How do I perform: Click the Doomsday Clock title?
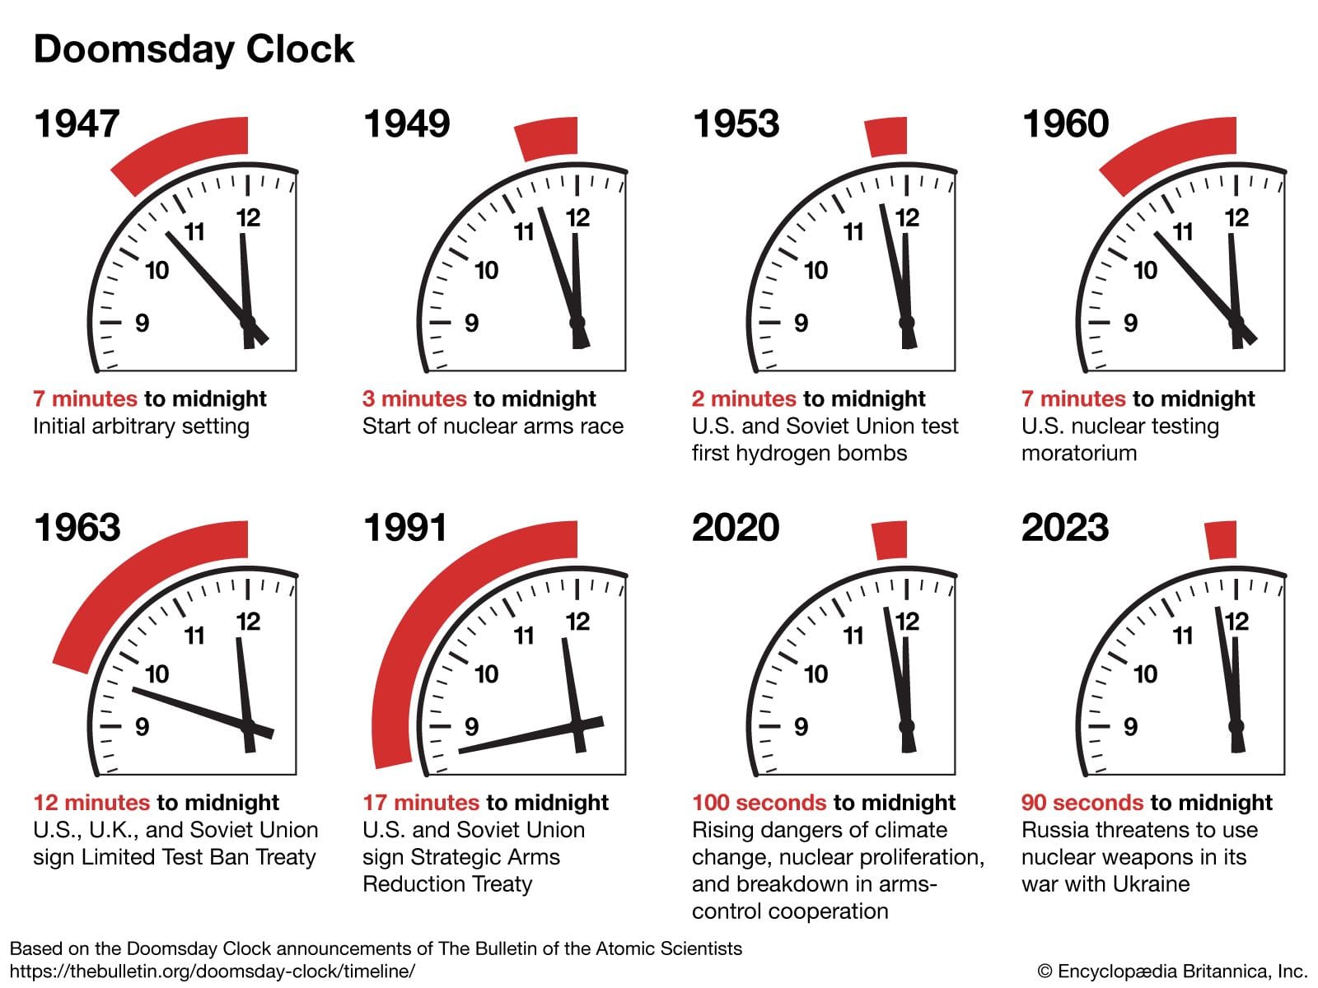[x=194, y=49]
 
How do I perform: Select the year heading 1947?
[x=77, y=124]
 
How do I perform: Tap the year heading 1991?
[x=405, y=528]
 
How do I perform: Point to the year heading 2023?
[x=1065, y=528]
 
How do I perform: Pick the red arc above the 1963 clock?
[x=140, y=576]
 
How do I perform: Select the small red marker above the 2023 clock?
[x=1222, y=540]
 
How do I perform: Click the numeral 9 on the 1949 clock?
[x=471, y=323]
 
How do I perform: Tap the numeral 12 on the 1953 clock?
[x=907, y=218]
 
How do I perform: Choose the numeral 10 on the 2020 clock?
[x=816, y=674]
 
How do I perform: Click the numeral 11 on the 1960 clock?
[x=1183, y=232]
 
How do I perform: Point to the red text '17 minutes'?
[x=420, y=803]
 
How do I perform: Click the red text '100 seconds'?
[x=759, y=803]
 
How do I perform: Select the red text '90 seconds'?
[x=1082, y=803]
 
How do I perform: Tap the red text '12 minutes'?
[x=91, y=803]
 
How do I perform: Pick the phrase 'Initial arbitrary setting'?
[x=141, y=426]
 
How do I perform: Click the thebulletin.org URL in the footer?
[x=213, y=972]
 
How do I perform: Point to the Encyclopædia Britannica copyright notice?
[x=1172, y=972]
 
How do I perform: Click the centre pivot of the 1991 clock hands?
[x=577, y=725]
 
